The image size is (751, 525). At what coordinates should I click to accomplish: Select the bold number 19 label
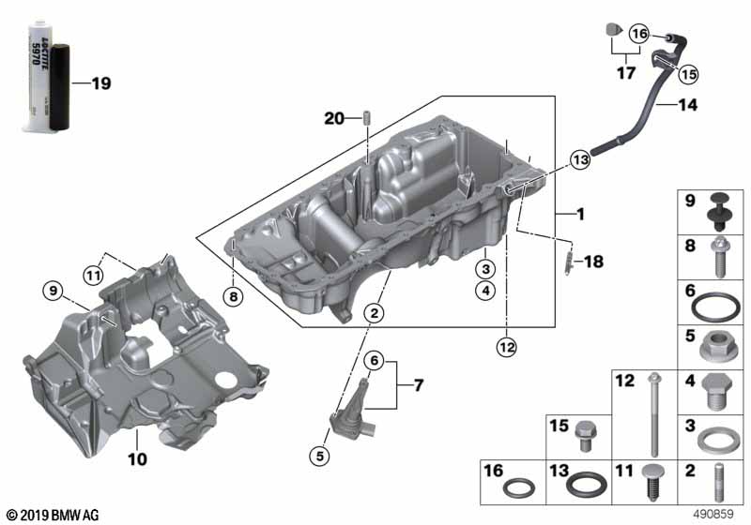pos(100,83)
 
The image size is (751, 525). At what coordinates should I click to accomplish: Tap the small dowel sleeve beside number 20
pos(368,118)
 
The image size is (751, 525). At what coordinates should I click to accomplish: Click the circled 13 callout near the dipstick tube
pos(579,160)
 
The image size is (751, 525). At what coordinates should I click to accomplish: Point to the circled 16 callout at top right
pos(639,34)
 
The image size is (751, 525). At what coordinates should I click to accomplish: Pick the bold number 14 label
pos(688,107)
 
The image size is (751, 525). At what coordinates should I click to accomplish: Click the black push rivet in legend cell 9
pos(719,208)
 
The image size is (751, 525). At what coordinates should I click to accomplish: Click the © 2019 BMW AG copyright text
pos(52,515)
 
